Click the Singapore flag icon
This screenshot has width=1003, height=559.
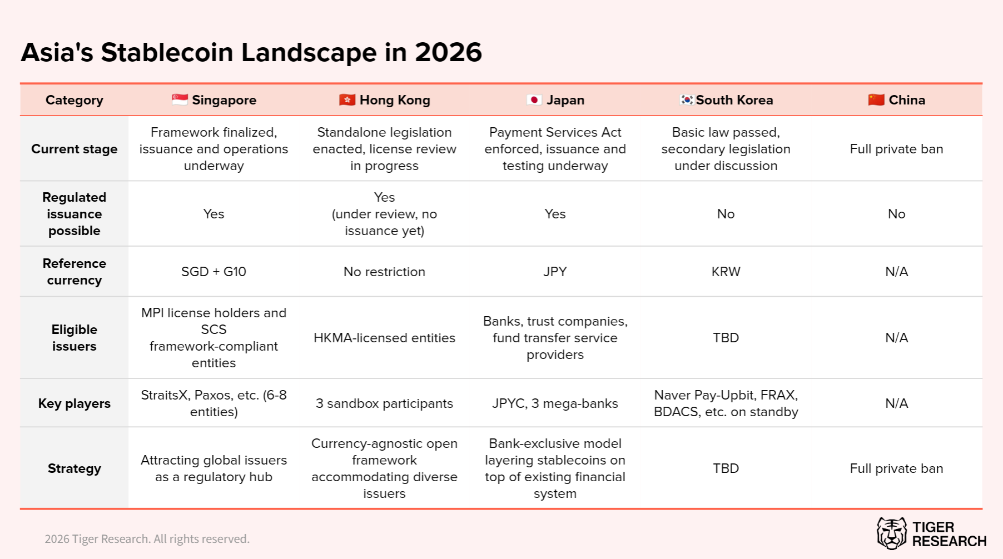[180, 100]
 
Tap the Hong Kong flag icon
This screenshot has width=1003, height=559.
[347, 100]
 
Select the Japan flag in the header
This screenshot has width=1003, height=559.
[534, 100]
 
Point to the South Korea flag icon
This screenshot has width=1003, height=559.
[687, 100]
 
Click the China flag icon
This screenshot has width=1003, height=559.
[876, 100]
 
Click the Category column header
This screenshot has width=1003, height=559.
[75, 100]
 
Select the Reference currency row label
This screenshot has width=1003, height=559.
[75, 272]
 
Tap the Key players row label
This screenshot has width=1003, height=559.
[75, 403]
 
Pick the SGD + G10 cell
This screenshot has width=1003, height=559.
[213, 272]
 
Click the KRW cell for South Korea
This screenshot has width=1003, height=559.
[726, 272]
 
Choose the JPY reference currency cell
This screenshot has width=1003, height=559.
[555, 272]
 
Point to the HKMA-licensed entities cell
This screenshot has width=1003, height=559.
[384, 338]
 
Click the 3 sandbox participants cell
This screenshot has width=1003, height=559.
[384, 403]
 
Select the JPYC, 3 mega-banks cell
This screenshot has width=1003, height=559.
[555, 403]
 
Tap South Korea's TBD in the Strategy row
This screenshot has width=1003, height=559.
[726, 468]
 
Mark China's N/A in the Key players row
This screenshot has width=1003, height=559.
[896, 403]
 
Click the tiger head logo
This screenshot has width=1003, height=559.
[891, 533]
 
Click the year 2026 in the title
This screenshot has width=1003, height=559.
[448, 53]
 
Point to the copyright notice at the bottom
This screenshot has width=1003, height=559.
[147, 539]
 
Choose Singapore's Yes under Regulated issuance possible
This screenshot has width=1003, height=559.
[213, 214]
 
